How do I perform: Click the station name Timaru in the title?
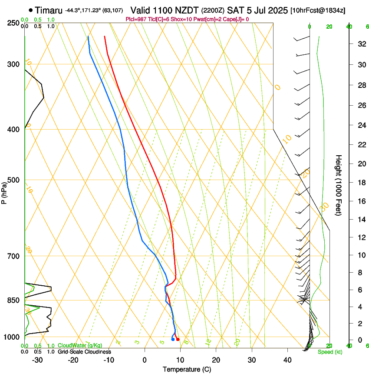click(x=49, y=10)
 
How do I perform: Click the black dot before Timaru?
click(x=31, y=10)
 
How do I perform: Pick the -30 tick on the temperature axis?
click(x=37, y=360)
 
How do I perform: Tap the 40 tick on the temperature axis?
click(x=287, y=360)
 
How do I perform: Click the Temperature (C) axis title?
click(x=187, y=369)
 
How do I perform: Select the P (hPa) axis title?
click(x=4, y=191)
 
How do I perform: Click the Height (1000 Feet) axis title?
click(x=339, y=185)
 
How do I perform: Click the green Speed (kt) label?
click(x=329, y=352)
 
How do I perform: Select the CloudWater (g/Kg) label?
click(x=80, y=345)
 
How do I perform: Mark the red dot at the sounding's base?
click(x=178, y=339)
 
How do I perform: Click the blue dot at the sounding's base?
click(x=173, y=339)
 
